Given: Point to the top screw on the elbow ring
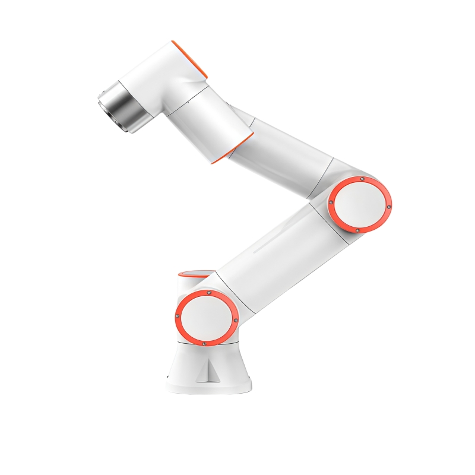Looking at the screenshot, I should point(362,179).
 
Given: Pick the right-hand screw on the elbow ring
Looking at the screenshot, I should point(389,207).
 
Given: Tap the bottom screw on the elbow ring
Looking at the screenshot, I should point(357,230).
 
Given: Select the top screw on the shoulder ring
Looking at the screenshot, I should point(209,293).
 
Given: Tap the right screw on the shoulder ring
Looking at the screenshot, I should point(236,321).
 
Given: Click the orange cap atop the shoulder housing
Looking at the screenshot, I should point(194,274).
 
